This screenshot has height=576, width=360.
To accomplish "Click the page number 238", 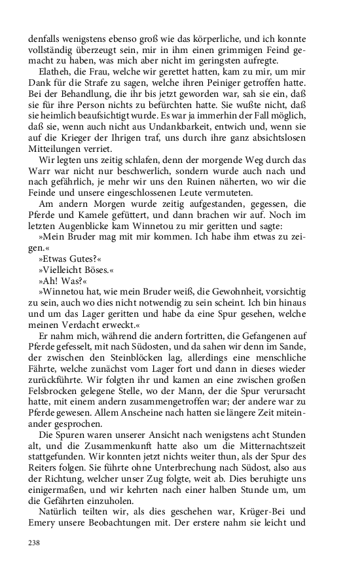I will [34, 543].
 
